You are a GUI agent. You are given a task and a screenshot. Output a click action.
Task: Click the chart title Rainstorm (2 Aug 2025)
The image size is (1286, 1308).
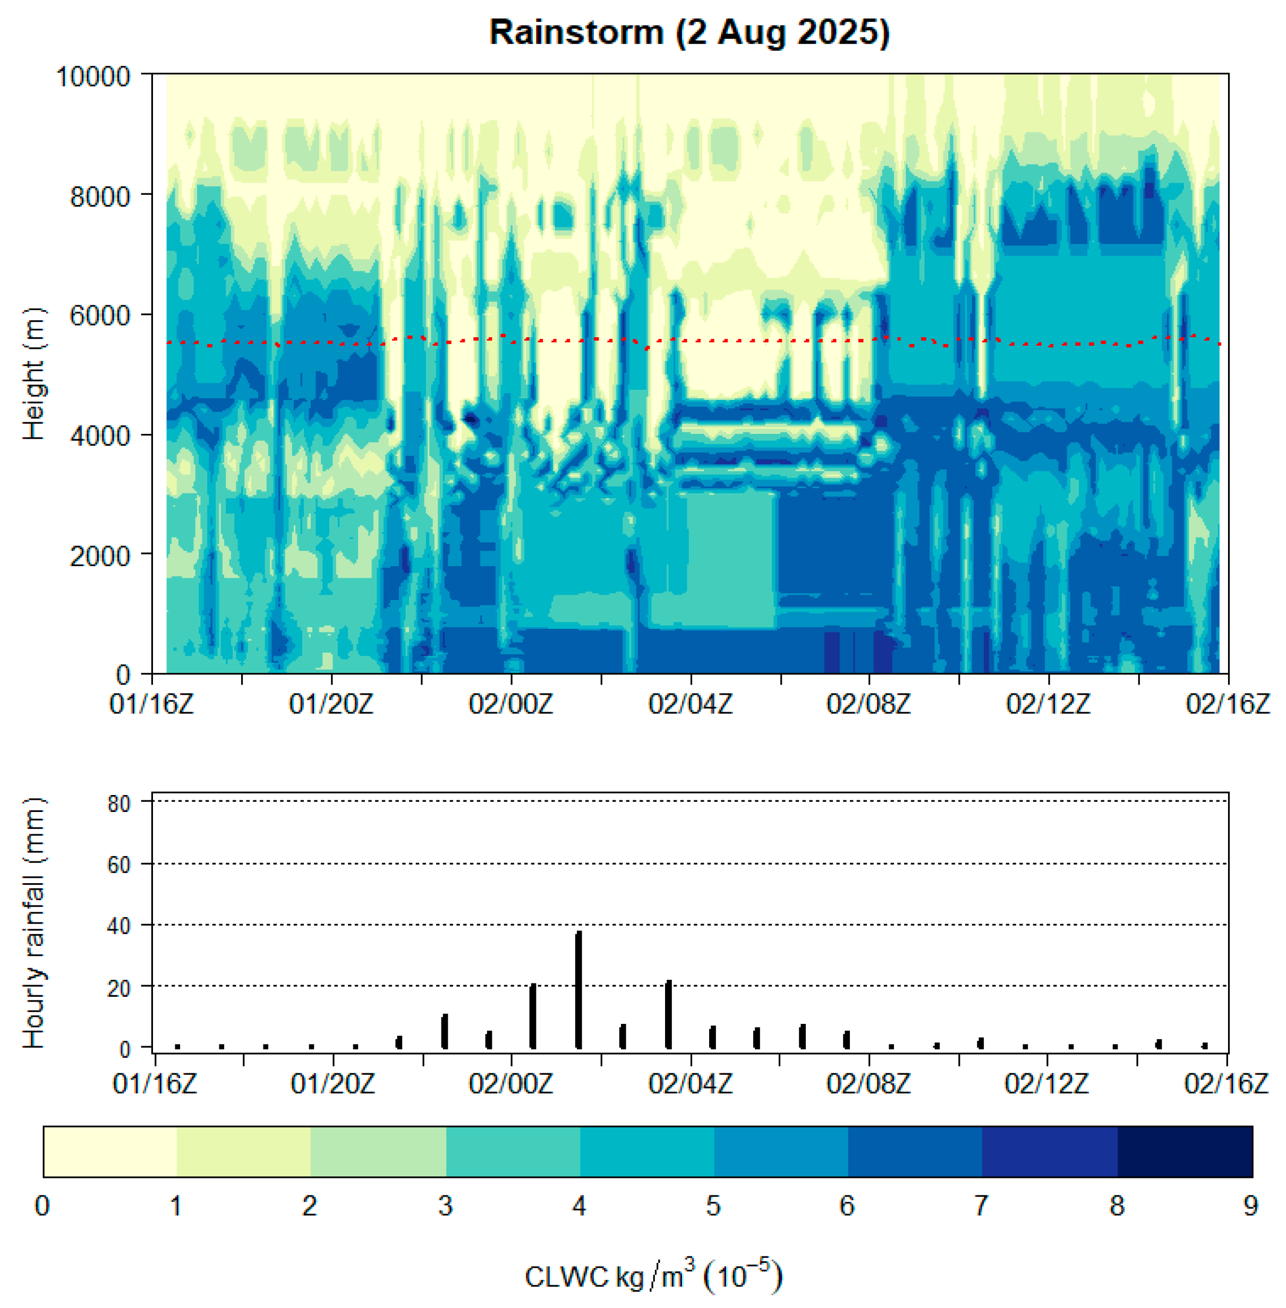coord(689,32)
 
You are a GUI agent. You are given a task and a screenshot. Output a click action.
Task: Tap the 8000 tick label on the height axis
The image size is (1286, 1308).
coord(100,196)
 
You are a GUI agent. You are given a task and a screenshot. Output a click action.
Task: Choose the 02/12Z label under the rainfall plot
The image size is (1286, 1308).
coord(1046,1084)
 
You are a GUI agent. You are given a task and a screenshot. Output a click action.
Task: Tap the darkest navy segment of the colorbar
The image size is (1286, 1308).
coord(1184,1152)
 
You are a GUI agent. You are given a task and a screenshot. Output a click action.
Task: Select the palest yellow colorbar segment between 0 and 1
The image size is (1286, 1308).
coord(110,1152)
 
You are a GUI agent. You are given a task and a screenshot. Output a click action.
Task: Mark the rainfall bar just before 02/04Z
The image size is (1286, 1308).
coord(668,1014)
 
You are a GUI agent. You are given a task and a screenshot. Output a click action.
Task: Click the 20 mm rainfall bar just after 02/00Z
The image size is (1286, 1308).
coord(532,1016)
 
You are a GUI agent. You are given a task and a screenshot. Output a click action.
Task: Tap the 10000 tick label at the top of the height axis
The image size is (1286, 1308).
coord(92,77)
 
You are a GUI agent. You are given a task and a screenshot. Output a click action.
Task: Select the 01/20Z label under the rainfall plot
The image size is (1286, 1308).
coord(333,1084)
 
